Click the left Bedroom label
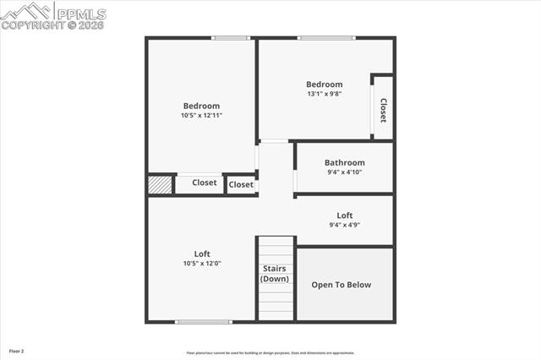tap(201, 106)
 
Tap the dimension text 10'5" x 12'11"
tap(201, 116)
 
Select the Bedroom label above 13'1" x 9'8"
tap(325, 85)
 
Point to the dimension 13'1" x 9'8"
tap(325, 94)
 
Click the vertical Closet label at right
tap(383, 110)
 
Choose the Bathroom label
tap(345, 163)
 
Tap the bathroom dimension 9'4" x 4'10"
tap(345, 172)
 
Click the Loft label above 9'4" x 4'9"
tap(345, 215)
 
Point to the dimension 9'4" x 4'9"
tap(345, 225)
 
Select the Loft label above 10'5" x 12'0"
tap(202, 254)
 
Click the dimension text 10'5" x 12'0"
tap(202, 263)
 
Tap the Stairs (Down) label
tap(275, 274)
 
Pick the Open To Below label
tap(342, 285)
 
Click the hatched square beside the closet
tap(160, 184)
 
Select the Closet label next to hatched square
tap(205, 183)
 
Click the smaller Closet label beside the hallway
tap(241, 184)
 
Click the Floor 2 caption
tap(17, 351)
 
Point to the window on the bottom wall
tap(203, 321)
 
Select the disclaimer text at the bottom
tap(270, 353)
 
